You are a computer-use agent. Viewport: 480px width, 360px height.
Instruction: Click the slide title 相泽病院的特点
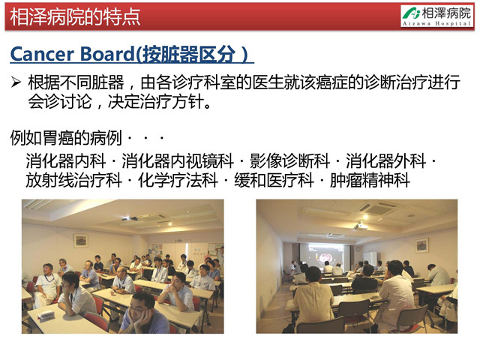coord(75,16)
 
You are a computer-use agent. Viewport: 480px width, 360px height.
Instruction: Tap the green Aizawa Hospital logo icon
coord(412,13)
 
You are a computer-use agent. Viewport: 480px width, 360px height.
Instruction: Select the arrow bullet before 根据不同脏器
coord(16,82)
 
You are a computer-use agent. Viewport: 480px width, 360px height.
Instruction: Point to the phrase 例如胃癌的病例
coord(66,138)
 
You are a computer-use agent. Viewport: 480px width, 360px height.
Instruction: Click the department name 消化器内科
coord(66,160)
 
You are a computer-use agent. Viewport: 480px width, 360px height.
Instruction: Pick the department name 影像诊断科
coord(289,160)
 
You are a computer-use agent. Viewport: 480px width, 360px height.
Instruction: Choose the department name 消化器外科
coord(385,160)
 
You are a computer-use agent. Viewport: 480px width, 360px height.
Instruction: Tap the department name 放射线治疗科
coord(73,180)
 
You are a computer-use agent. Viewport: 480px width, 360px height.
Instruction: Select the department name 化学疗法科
coord(178,180)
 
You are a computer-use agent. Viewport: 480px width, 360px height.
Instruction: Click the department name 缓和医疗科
coord(274,180)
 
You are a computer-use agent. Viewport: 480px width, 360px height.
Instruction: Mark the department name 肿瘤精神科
coord(370,180)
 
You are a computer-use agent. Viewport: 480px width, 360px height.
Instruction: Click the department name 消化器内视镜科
coord(178,160)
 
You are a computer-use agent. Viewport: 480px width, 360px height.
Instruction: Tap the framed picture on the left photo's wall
coord(80,241)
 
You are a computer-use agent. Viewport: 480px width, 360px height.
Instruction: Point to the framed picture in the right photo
coord(421,245)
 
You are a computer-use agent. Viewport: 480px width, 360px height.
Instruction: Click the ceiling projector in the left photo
coord(130,219)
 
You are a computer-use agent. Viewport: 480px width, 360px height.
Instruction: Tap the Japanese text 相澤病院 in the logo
coord(447,13)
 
